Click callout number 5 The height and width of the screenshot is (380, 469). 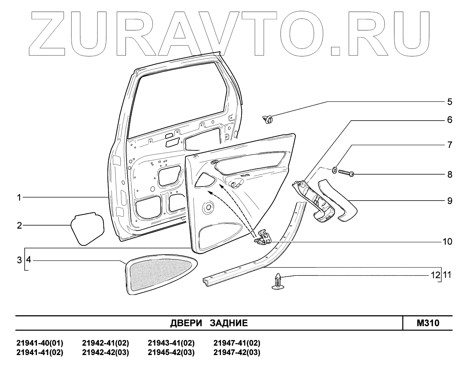[450, 102]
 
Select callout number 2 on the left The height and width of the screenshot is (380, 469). [19, 225]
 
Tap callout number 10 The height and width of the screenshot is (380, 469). [447, 242]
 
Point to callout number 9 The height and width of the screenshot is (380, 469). [450, 201]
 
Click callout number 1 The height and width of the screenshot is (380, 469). [19, 198]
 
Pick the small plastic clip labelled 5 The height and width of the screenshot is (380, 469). [268, 120]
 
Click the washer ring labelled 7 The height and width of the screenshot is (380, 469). [334, 169]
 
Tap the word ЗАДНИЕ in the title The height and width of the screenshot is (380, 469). [229, 323]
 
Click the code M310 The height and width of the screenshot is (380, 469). [428, 323]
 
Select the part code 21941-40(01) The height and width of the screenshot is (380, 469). [40, 343]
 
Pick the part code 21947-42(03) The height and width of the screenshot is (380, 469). [237, 353]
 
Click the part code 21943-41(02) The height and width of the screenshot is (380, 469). [171, 343]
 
